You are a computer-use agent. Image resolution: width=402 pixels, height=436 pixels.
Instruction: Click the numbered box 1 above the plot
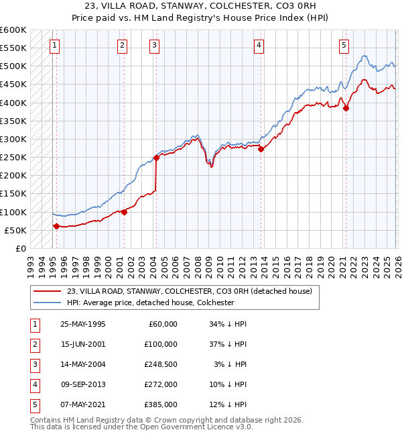[x=54, y=46]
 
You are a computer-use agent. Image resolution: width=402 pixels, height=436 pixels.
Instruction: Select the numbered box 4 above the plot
[x=259, y=46]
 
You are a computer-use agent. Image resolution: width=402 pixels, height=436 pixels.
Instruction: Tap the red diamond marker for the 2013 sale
[x=261, y=150]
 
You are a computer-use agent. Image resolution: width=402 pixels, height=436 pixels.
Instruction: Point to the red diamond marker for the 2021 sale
[x=346, y=108]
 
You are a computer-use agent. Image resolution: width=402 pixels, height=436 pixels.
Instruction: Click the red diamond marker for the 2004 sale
[x=156, y=158]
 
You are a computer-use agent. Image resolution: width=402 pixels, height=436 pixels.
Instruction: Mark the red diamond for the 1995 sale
[x=56, y=226]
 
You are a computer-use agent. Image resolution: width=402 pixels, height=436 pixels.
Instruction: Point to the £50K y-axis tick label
[x=15, y=230]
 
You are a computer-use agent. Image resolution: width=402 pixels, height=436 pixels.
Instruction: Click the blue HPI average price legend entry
[x=150, y=303]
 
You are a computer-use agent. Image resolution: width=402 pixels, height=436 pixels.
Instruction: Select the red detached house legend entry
[x=190, y=291]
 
